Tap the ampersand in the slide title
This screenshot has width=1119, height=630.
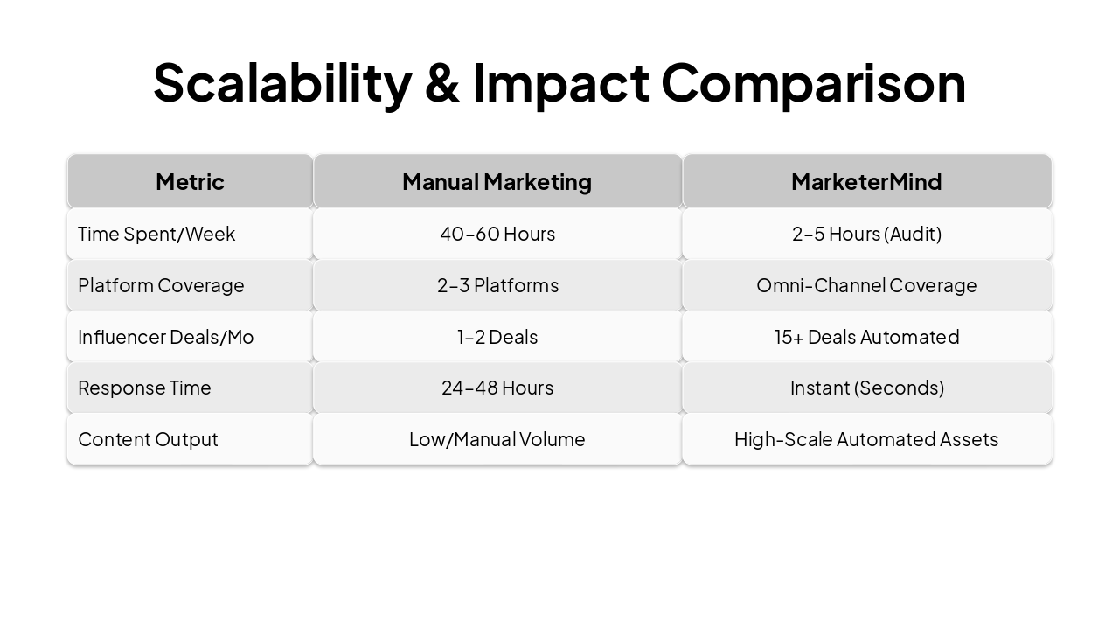(441, 83)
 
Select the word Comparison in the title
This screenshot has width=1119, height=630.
(813, 83)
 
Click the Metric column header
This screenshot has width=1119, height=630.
(190, 181)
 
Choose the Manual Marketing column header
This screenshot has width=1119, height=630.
(497, 181)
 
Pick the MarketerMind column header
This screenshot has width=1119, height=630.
(866, 181)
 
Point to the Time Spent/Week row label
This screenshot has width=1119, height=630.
(156, 234)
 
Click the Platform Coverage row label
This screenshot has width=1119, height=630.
(161, 285)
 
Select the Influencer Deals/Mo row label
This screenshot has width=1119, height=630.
(165, 337)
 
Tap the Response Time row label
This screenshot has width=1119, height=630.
(144, 388)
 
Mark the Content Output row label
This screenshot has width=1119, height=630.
(148, 439)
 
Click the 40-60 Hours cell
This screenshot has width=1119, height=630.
(497, 234)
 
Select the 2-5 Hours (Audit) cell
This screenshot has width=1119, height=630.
(866, 234)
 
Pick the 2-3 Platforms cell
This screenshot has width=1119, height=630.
(497, 285)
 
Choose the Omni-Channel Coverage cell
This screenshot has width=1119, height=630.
(866, 285)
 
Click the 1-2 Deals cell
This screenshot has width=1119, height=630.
(497, 337)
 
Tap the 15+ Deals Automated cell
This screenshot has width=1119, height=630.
(866, 337)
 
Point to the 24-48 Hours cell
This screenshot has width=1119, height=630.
(497, 388)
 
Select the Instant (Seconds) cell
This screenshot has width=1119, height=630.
(866, 388)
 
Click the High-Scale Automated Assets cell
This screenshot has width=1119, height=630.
(866, 439)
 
